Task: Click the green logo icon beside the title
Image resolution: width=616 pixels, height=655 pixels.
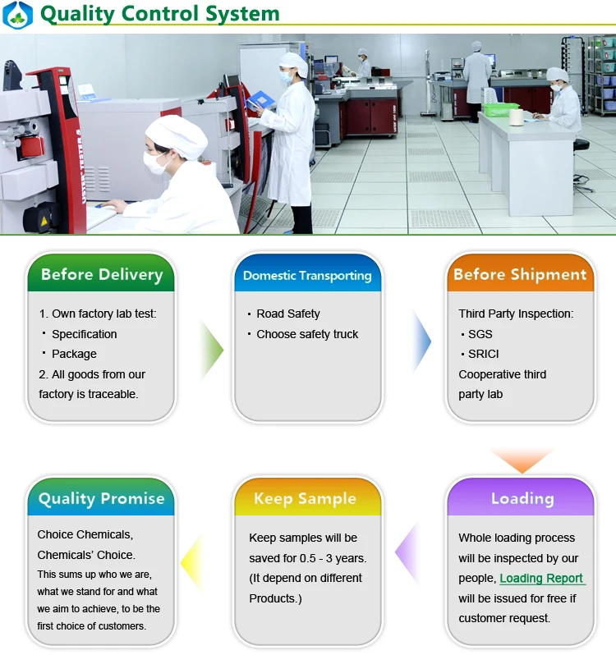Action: pos(16,15)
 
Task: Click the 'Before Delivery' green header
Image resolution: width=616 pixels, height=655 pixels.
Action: pos(101,274)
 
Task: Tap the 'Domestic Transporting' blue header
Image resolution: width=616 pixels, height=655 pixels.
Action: pos(307,275)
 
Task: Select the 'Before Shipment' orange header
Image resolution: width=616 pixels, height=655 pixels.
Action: pos(520,274)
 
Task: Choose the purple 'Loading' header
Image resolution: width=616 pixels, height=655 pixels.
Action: pos(522,498)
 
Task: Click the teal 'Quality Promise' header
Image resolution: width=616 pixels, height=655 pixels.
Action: pos(101,498)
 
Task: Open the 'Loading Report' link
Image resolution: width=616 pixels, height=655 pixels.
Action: pos(541,578)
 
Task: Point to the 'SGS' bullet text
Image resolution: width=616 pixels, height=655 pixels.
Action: pos(480,334)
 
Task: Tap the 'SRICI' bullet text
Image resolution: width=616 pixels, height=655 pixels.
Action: pos(483,354)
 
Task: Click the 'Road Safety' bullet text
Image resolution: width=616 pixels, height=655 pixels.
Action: pos(287,314)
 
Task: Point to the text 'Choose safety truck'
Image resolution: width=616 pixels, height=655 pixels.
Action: pos(307,334)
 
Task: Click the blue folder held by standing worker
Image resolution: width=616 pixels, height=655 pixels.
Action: pos(260,99)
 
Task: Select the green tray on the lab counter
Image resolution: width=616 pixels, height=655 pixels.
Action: pos(500,109)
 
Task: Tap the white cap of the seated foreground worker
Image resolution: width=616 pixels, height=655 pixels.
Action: pos(177,135)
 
